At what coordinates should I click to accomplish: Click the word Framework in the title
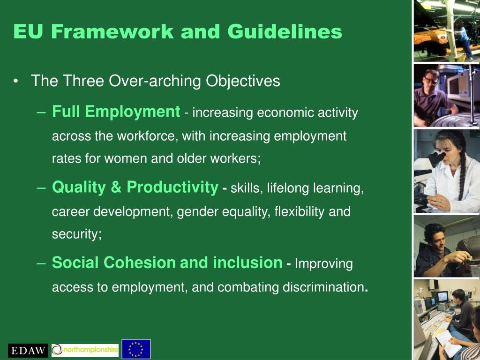(112, 31)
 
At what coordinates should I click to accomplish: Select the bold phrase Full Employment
(116, 112)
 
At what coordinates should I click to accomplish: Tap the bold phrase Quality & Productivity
(135, 187)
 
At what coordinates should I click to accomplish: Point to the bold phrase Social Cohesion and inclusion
(167, 262)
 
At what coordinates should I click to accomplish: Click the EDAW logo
(28, 350)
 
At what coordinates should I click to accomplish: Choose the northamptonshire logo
(85, 350)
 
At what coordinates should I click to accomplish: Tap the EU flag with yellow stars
(136, 349)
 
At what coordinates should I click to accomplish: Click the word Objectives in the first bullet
(243, 81)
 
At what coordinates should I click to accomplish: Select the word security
(76, 234)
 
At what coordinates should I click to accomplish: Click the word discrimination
(323, 287)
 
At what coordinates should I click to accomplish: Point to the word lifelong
(289, 188)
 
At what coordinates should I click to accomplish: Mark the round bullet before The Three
(16, 82)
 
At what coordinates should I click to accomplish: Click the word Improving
(323, 263)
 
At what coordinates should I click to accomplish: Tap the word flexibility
(300, 212)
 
